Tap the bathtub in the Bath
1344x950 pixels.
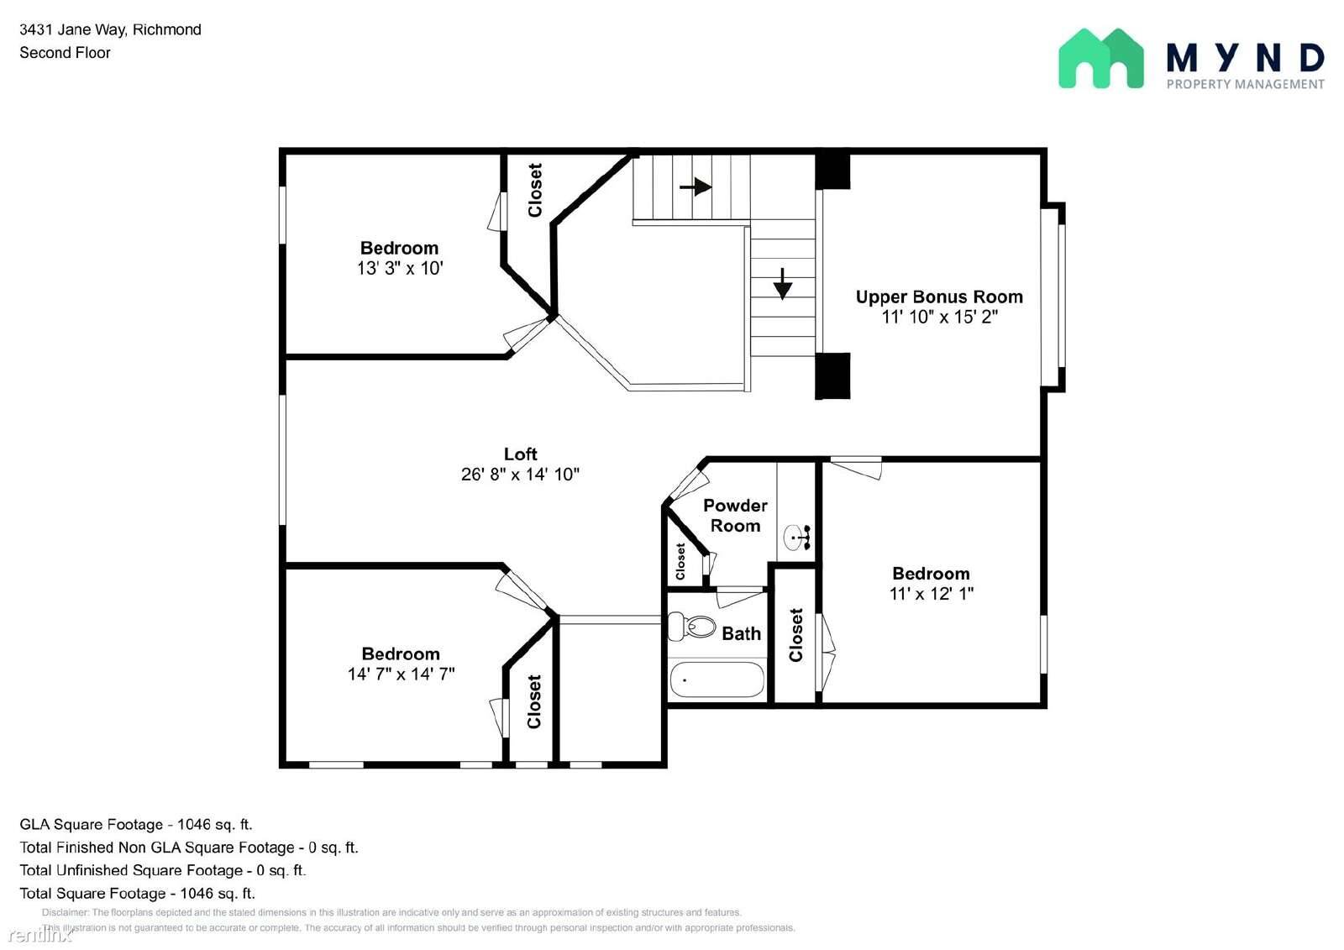(x=717, y=680)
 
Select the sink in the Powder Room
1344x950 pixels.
(x=795, y=536)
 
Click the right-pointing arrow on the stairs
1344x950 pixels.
(x=696, y=186)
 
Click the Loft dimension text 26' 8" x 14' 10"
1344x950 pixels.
(x=520, y=474)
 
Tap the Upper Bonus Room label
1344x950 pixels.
(x=939, y=297)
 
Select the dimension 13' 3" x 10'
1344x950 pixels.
(x=399, y=268)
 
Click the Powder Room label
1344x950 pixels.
(x=735, y=515)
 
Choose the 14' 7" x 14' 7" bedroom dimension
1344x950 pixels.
(x=401, y=674)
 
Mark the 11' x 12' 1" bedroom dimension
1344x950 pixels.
(x=931, y=593)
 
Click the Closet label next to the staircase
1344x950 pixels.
(x=535, y=191)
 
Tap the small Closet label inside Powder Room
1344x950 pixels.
(x=680, y=560)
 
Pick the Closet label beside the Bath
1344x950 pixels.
(x=796, y=635)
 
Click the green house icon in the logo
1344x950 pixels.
(x=1100, y=58)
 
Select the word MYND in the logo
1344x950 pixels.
(x=1245, y=57)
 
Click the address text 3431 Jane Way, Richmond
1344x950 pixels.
(x=110, y=29)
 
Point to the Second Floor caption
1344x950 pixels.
(x=65, y=52)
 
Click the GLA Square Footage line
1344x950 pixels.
(x=135, y=824)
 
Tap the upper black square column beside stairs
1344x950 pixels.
(x=832, y=169)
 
